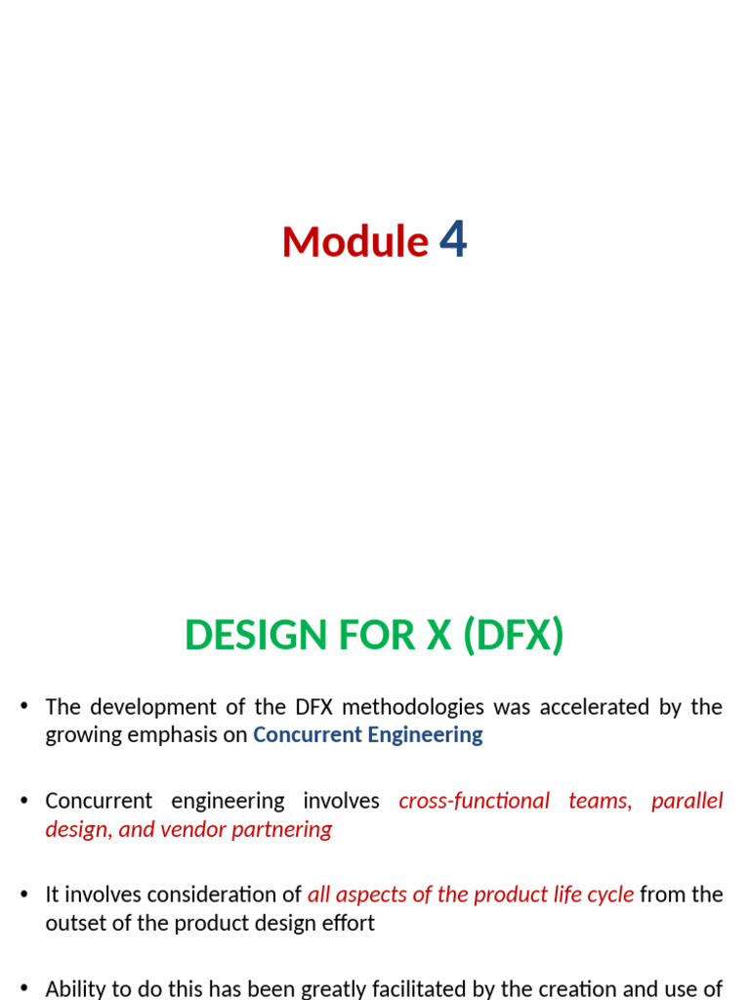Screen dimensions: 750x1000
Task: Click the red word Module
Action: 355,242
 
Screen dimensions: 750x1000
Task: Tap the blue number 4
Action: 453,239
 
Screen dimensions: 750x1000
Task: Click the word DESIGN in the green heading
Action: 256,635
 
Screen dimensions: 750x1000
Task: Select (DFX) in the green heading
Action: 514,635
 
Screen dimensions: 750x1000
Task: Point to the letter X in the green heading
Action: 438,635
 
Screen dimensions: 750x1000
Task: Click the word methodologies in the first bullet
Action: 413,708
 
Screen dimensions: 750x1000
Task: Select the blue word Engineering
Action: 426,735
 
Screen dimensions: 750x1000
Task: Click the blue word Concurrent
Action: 308,734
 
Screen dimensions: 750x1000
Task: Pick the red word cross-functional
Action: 474,801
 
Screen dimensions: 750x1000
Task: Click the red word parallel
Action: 687,801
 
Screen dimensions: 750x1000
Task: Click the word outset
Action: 68,924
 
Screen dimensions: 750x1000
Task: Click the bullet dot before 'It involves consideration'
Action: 24,894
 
